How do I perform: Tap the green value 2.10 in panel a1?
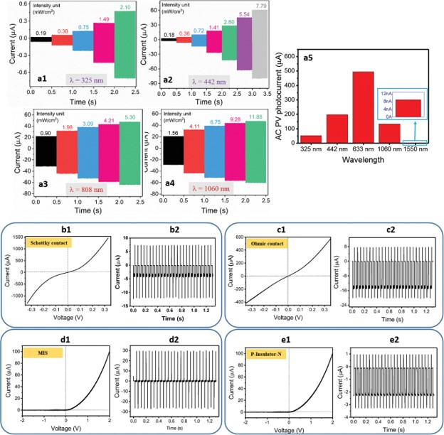(124, 6)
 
